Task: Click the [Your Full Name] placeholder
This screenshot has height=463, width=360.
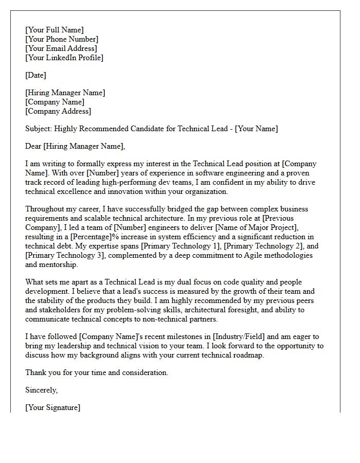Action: coord(54,30)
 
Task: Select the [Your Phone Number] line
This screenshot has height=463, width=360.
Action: coord(61,39)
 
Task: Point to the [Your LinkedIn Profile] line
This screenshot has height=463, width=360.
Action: coord(64,58)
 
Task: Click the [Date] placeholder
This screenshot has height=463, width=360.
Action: coord(35,75)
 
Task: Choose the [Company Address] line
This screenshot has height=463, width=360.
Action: coord(58,111)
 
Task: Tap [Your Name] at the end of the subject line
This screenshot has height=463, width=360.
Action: coord(256,129)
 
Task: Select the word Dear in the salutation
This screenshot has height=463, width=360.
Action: coord(33,146)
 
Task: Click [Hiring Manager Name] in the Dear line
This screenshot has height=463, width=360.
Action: coord(84,146)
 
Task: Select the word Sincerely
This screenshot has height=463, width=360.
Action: coord(41,390)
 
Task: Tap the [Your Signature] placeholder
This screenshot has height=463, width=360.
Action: coord(52,407)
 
